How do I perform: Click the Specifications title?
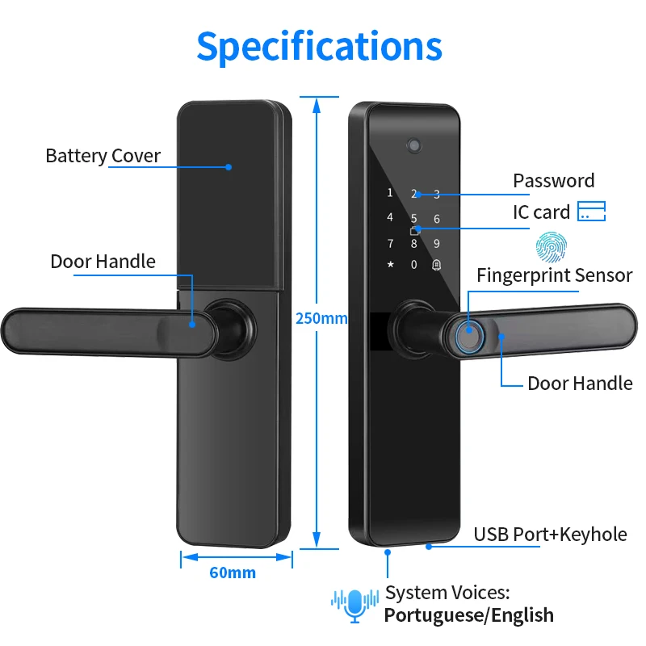pos(319,48)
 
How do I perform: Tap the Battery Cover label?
pos(103,156)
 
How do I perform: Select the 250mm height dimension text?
pos(321,318)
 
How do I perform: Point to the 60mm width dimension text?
pos(233,573)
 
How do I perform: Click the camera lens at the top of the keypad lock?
pos(414,145)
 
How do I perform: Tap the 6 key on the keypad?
pos(437,219)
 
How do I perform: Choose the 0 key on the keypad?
pos(413,265)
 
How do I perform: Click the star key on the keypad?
pos(390,264)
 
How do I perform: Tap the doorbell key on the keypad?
pos(437,265)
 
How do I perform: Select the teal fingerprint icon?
pos(552,247)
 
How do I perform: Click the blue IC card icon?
pos(592,211)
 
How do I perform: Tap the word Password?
pos(554,181)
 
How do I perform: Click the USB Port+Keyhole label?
pos(551,535)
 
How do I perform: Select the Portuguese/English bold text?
pos(469,615)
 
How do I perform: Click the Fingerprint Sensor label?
pos(555,275)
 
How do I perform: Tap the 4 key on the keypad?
pos(390,217)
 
